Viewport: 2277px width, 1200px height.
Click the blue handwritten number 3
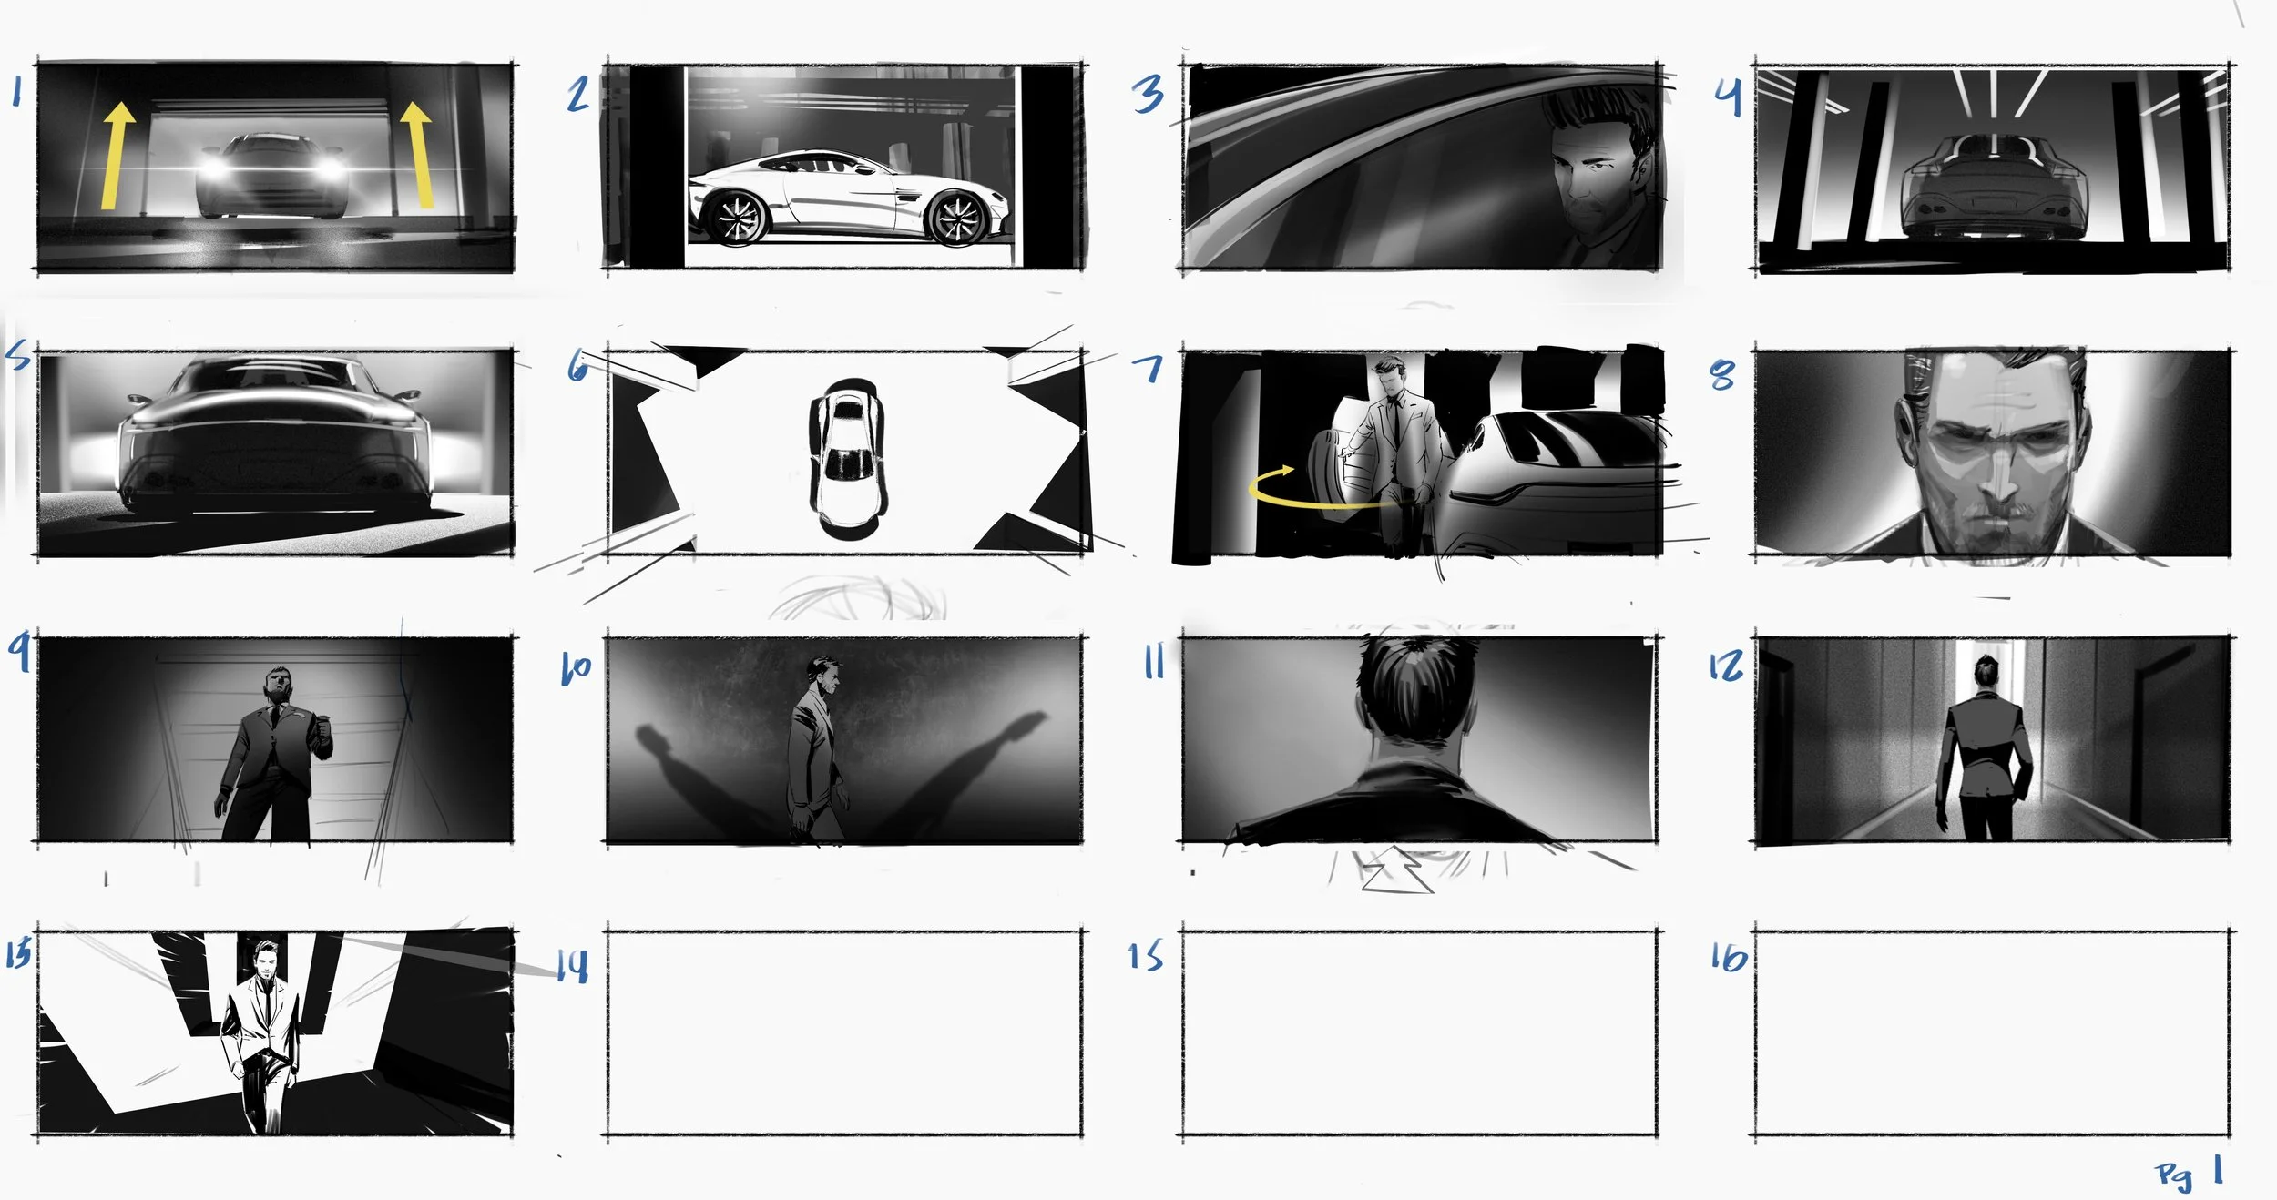point(1148,94)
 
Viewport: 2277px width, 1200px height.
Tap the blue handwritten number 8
point(1722,374)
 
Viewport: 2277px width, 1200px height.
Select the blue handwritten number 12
point(1726,666)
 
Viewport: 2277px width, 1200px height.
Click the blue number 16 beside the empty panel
point(1729,957)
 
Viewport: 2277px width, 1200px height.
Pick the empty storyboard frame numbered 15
point(1419,1033)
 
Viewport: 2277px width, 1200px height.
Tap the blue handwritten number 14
point(573,965)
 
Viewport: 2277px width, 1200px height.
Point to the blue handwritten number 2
point(578,94)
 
